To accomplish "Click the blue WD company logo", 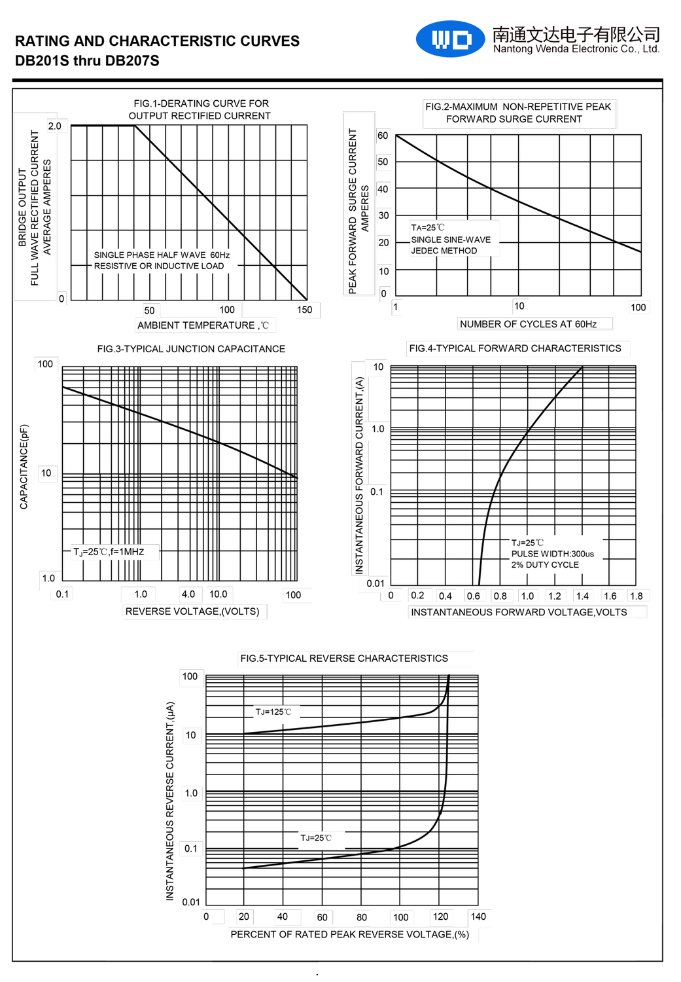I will [x=451, y=39].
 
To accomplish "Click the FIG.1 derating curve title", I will [x=200, y=109].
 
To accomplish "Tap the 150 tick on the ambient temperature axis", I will [x=305, y=310].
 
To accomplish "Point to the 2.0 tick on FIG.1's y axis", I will [x=54, y=126].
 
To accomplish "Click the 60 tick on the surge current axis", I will [x=383, y=136].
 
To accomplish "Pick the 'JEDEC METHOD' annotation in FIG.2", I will [x=444, y=251].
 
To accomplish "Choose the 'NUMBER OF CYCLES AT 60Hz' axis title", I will [x=528, y=324].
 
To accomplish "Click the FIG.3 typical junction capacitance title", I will [x=191, y=349].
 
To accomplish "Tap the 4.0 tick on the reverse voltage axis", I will [x=188, y=594].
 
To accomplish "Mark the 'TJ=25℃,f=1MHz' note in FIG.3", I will [x=109, y=552].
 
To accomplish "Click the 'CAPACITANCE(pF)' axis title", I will [x=24, y=467].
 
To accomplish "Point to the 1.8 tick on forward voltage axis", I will [x=636, y=596].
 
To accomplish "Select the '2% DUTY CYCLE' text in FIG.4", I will [x=545, y=565].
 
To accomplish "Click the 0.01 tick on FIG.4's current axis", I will [x=375, y=583].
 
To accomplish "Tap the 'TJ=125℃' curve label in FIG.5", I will [x=273, y=712].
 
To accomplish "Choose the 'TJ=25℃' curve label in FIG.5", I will [x=316, y=838].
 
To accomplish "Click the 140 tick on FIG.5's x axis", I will [x=478, y=917].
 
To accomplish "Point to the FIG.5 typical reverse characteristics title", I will [x=344, y=659].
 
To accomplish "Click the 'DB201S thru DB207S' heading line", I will [x=87, y=61].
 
